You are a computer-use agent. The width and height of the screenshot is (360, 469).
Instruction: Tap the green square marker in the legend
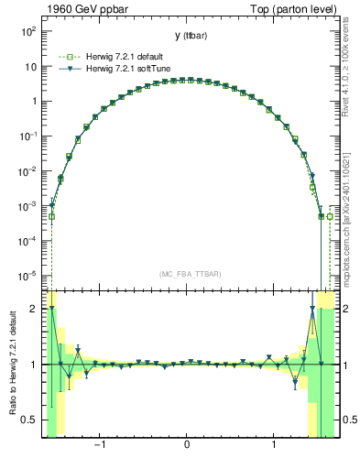click(x=66, y=55)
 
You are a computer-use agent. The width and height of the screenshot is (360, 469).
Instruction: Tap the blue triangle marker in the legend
click(x=66, y=68)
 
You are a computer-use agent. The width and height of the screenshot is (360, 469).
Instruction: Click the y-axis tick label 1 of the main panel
click(x=33, y=102)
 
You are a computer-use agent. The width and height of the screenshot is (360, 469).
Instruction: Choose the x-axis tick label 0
click(x=187, y=446)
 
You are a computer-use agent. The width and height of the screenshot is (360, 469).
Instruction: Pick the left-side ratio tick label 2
click(x=35, y=309)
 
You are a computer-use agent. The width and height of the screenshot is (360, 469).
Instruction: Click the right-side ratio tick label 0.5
click(x=348, y=420)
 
